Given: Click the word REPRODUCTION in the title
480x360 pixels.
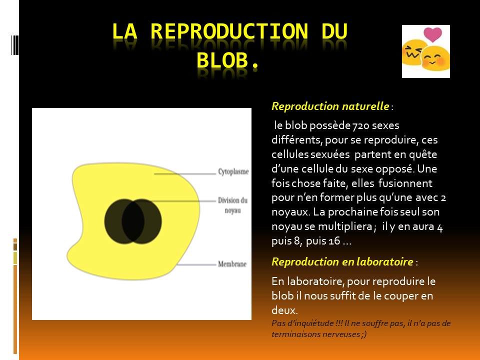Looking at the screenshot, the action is (229, 31).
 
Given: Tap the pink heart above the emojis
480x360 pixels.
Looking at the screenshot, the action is (432, 34).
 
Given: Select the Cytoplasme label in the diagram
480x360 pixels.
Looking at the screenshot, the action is (233, 171).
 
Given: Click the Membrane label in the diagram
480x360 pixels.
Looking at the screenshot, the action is (232, 264).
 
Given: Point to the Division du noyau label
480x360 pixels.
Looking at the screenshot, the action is (232, 205).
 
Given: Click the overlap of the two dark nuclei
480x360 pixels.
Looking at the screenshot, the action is (133, 221).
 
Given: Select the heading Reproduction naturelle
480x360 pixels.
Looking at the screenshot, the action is (330, 106).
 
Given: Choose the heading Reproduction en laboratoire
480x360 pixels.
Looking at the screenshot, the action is (342, 261).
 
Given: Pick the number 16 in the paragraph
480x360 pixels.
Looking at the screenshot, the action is (334, 241).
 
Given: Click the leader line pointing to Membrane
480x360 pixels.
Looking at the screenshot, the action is (196, 264).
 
